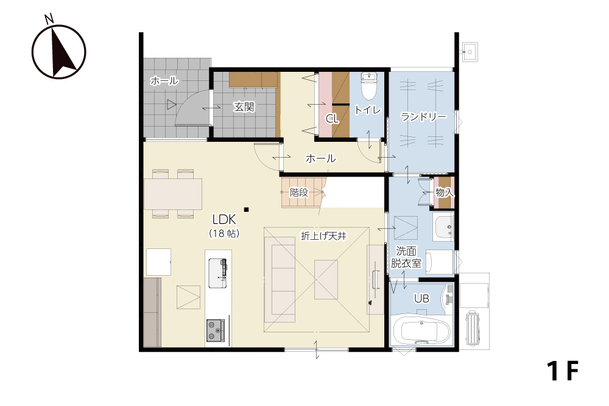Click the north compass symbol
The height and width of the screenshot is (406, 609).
pyautogui.click(x=58, y=50)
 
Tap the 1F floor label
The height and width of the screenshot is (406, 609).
pyautogui.click(x=562, y=371)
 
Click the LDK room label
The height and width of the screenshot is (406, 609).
pyautogui.click(x=224, y=220)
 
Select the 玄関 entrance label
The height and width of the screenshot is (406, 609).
pyautogui.click(x=244, y=107)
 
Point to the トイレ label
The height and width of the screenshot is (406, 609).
pyautogui.click(x=367, y=110)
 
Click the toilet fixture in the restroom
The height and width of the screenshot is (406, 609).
pyautogui.click(x=368, y=86)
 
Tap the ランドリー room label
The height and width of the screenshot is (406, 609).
pyautogui.click(x=423, y=116)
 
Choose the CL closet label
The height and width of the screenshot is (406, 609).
pyautogui.click(x=332, y=118)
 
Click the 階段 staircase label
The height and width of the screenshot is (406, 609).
pyautogui.click(x=299, y=192)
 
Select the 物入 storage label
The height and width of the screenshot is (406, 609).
pyautogui.click(x=445, y=192)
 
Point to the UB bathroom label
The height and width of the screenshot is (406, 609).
pyautogui.click(x=421, y=298)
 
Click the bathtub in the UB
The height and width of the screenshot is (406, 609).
pyautogui.click(x=422, y=331)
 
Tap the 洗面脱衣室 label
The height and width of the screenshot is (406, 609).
pyautogui.click(x=406, y=257)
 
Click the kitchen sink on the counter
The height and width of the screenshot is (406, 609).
pyautogui.click(x=217, y=273)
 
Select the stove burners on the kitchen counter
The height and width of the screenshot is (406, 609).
pyautogui.click(x=216, y=331)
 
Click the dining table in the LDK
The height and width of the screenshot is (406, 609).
pyautogui.click(x=173, y=194)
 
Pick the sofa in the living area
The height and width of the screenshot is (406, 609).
pyautogui.click(x=280, y=279)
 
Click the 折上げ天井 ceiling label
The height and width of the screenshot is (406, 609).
pyautogui.click(x=323, y=236)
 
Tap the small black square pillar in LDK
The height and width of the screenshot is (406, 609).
pyautogui.click(x=246, y=210)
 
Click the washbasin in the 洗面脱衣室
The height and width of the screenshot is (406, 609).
pyautogui.click(x=443, y=226)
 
